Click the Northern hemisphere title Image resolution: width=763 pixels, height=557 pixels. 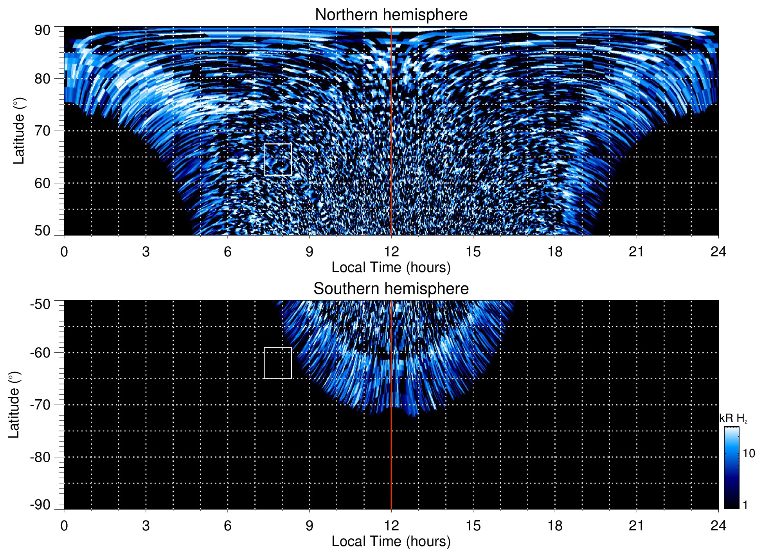tap(391, 15)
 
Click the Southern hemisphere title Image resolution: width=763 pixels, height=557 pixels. tap(391, 289)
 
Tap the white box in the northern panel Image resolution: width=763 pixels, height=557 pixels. tap(278, 159)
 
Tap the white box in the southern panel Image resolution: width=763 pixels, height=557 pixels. tap(278, 363)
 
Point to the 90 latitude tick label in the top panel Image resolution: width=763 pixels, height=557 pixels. tap(42, 31)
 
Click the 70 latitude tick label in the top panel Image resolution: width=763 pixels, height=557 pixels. tap(42, 131)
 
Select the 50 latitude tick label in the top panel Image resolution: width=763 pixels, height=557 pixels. tap(42, 231)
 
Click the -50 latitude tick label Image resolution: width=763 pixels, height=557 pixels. tap(40, 304)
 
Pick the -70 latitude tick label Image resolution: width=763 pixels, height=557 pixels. tap(40, 405)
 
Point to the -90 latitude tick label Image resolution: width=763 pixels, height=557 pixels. tap(40, 505)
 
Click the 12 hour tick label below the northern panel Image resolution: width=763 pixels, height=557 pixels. tap(391, 252)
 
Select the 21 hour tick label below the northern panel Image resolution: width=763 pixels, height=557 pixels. tap(637, 252)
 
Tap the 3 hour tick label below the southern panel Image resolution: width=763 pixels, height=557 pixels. tap(146, 526)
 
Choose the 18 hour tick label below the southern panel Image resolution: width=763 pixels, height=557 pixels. tap(555, 526)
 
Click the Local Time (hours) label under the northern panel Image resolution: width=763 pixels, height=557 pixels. tap(391, 267)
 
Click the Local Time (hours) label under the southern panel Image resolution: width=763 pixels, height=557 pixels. tap(391, 541)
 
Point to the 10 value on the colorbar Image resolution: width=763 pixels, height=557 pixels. tap(749, 453)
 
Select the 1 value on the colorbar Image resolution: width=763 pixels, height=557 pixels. tap(745, 505)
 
